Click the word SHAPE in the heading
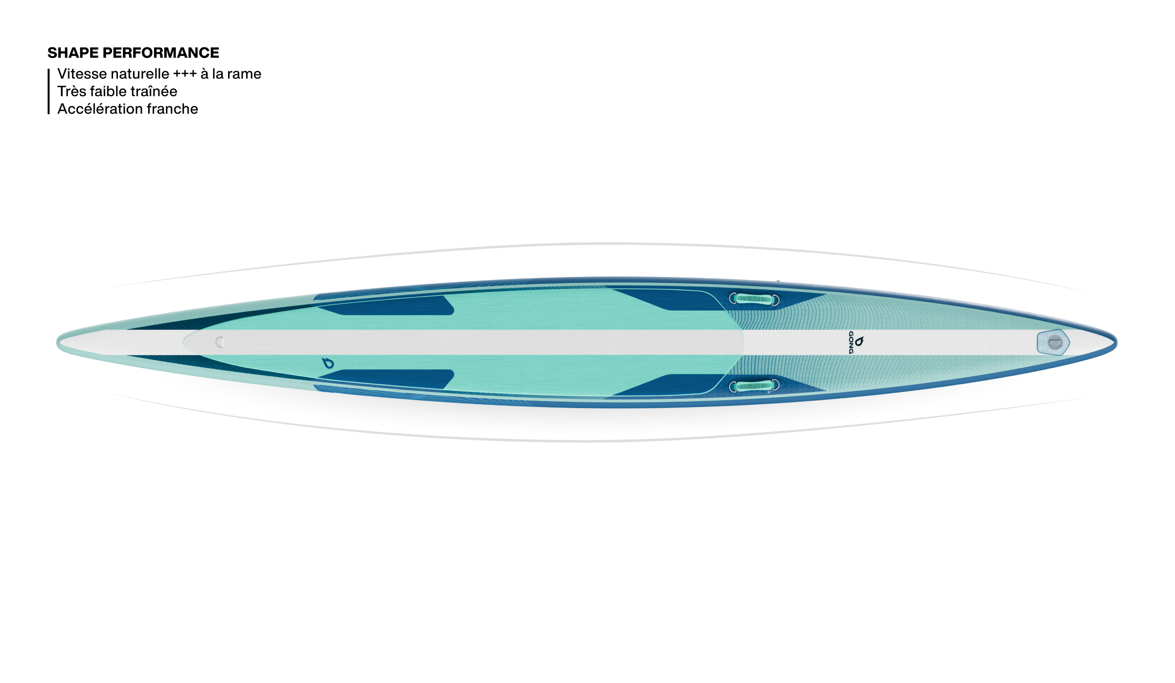pyautogui.click(x=73, y=53)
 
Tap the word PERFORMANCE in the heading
pyautogui.click(x=161, y=53)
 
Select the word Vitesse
pyautogui.click(x=82, y=74)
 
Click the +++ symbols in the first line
pyautogui.click(x=185, y=74)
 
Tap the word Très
pyautogui.click(x=72, y=91)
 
